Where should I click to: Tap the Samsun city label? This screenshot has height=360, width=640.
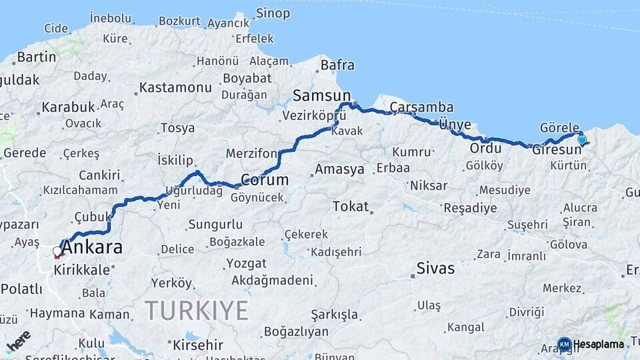(321, 95)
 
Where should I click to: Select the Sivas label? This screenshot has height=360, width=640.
(435, 269)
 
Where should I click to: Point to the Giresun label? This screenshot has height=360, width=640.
(557, 150)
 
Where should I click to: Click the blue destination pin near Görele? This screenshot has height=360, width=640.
(582, 140)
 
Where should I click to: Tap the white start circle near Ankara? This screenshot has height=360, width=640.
(57, 251)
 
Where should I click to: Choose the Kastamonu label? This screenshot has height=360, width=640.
(175, 87)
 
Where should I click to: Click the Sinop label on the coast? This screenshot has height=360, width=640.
(273, 13)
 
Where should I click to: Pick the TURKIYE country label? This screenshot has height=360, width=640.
(197, 311)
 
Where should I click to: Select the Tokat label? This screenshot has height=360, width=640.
(351, 207)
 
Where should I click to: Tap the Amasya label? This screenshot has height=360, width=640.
(339, 169)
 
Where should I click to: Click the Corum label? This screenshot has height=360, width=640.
(265, 180)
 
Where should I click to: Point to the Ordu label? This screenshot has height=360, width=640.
(485, 148)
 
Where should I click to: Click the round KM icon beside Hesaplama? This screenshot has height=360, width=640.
(565, 344)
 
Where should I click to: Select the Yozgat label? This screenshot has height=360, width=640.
(246, 263)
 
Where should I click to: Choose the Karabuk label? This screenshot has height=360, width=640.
(69, 107)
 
